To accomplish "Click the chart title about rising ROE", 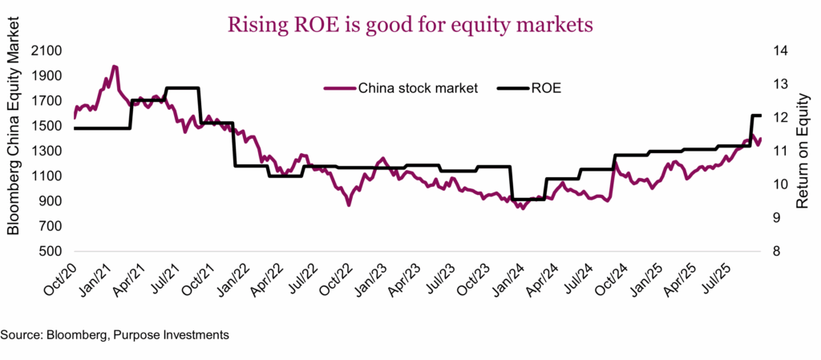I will click(410, 25).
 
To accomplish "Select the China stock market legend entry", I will click(401, 88).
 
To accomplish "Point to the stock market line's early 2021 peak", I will click(114, 67).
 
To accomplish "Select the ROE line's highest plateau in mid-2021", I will click(182, 88).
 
